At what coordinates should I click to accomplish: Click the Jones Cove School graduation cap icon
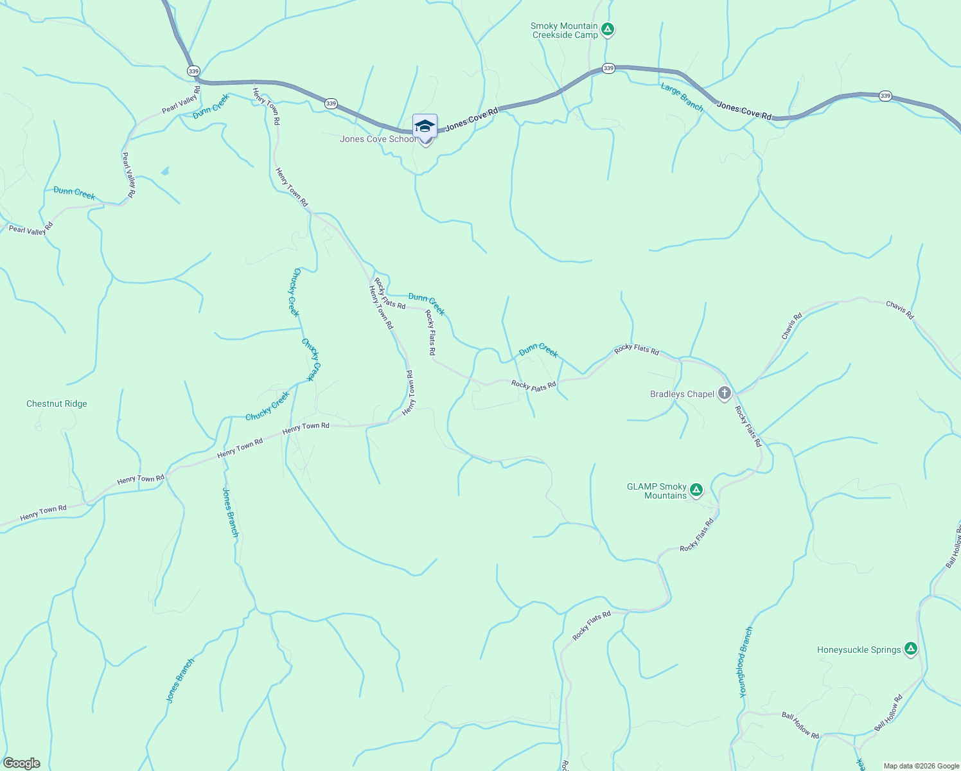coord(425,125)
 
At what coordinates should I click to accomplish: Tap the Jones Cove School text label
coord(378,139)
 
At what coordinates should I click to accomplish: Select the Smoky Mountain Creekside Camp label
coord(565,31)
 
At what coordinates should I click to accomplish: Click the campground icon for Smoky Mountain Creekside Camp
coord(608,29)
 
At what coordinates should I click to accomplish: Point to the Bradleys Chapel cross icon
coord(725,393)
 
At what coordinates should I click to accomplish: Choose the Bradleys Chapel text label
coord(682,394)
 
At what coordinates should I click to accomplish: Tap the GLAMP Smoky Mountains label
coord(657,491)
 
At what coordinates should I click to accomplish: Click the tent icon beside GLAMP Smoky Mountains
coord(696,490)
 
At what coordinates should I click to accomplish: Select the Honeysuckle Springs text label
coord(859,650)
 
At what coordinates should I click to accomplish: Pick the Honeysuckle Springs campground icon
coord(910,649)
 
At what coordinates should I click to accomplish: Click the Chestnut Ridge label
coord(57,403)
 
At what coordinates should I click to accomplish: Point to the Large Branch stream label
coord(682,96)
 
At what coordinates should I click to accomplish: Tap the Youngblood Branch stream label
coord(745,662)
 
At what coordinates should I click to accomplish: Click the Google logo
coord(22,763)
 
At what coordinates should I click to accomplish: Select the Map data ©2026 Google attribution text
coord(921,766)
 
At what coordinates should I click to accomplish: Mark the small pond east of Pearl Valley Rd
coord(165,171)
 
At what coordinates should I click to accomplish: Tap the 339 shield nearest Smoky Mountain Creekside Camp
coord(608,68)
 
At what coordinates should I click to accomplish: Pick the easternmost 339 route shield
coord(885,96)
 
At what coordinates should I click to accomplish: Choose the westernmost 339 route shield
coord(193,71)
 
